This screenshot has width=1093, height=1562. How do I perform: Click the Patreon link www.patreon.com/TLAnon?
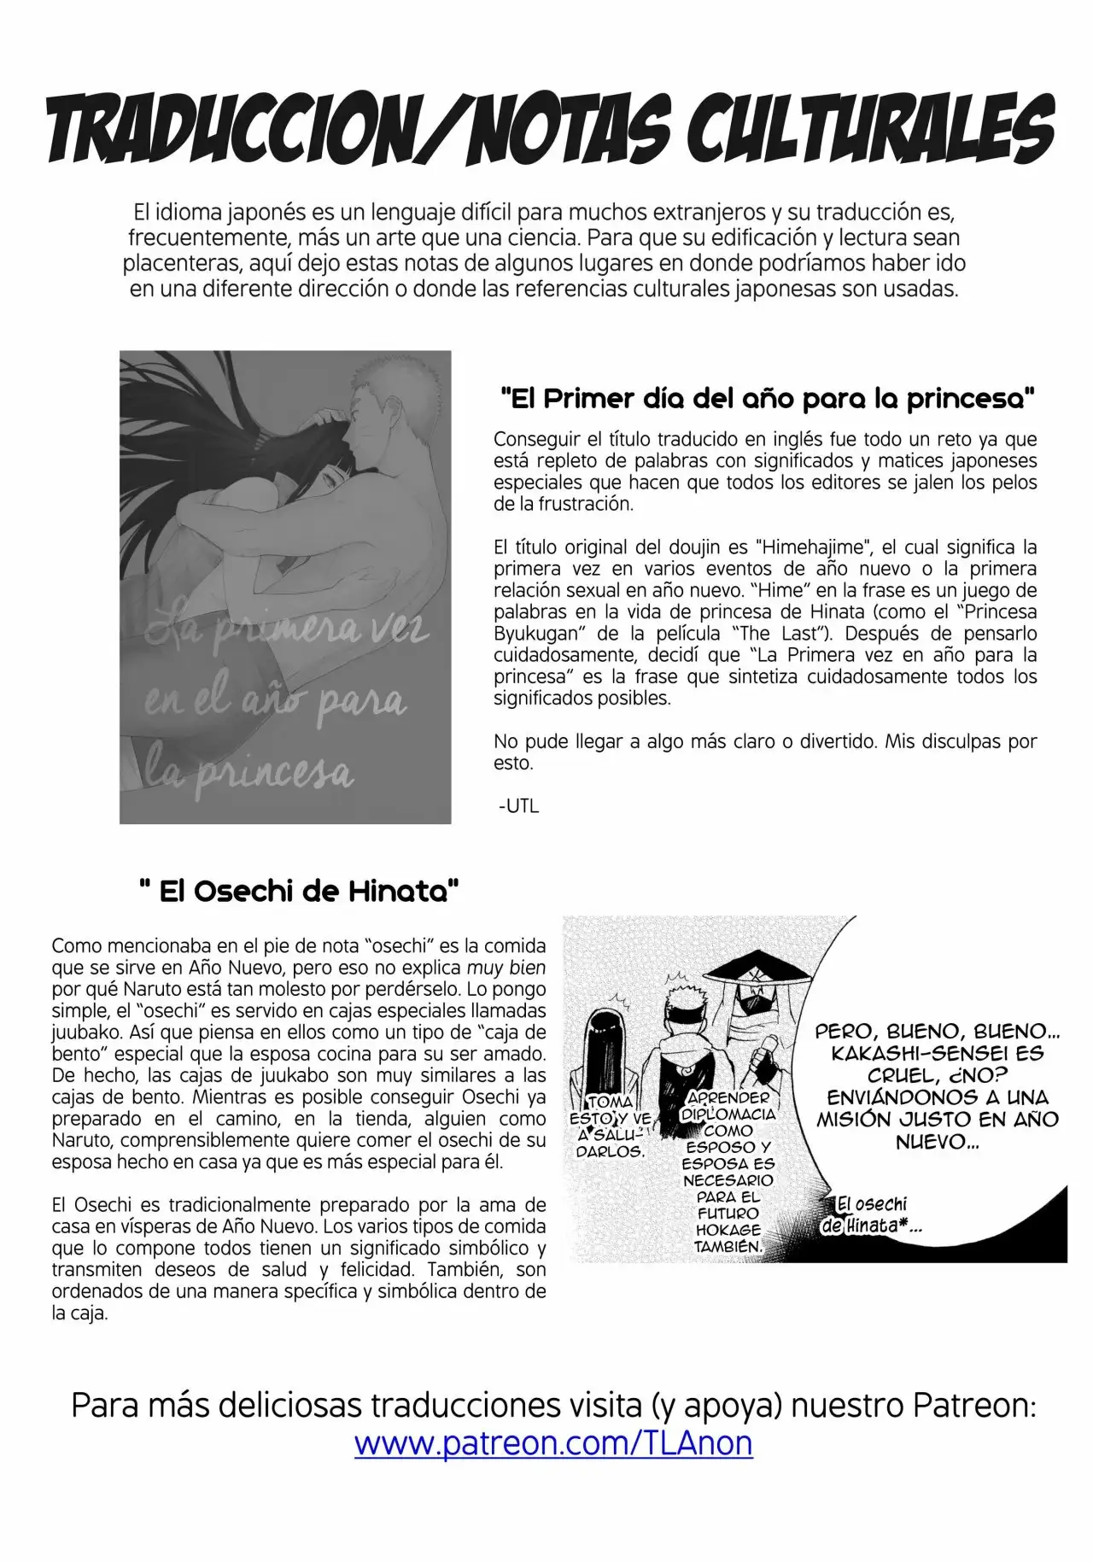click(553, 1442)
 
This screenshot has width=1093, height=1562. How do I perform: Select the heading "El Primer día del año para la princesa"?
click(766, 398)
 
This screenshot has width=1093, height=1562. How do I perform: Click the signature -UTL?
click(517, 804)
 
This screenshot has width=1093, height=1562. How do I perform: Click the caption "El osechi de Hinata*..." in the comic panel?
click(870, 1214)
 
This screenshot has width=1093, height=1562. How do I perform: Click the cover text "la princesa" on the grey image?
click(248, 770)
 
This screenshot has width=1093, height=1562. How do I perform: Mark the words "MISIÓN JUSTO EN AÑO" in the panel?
click(937, 1119)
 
